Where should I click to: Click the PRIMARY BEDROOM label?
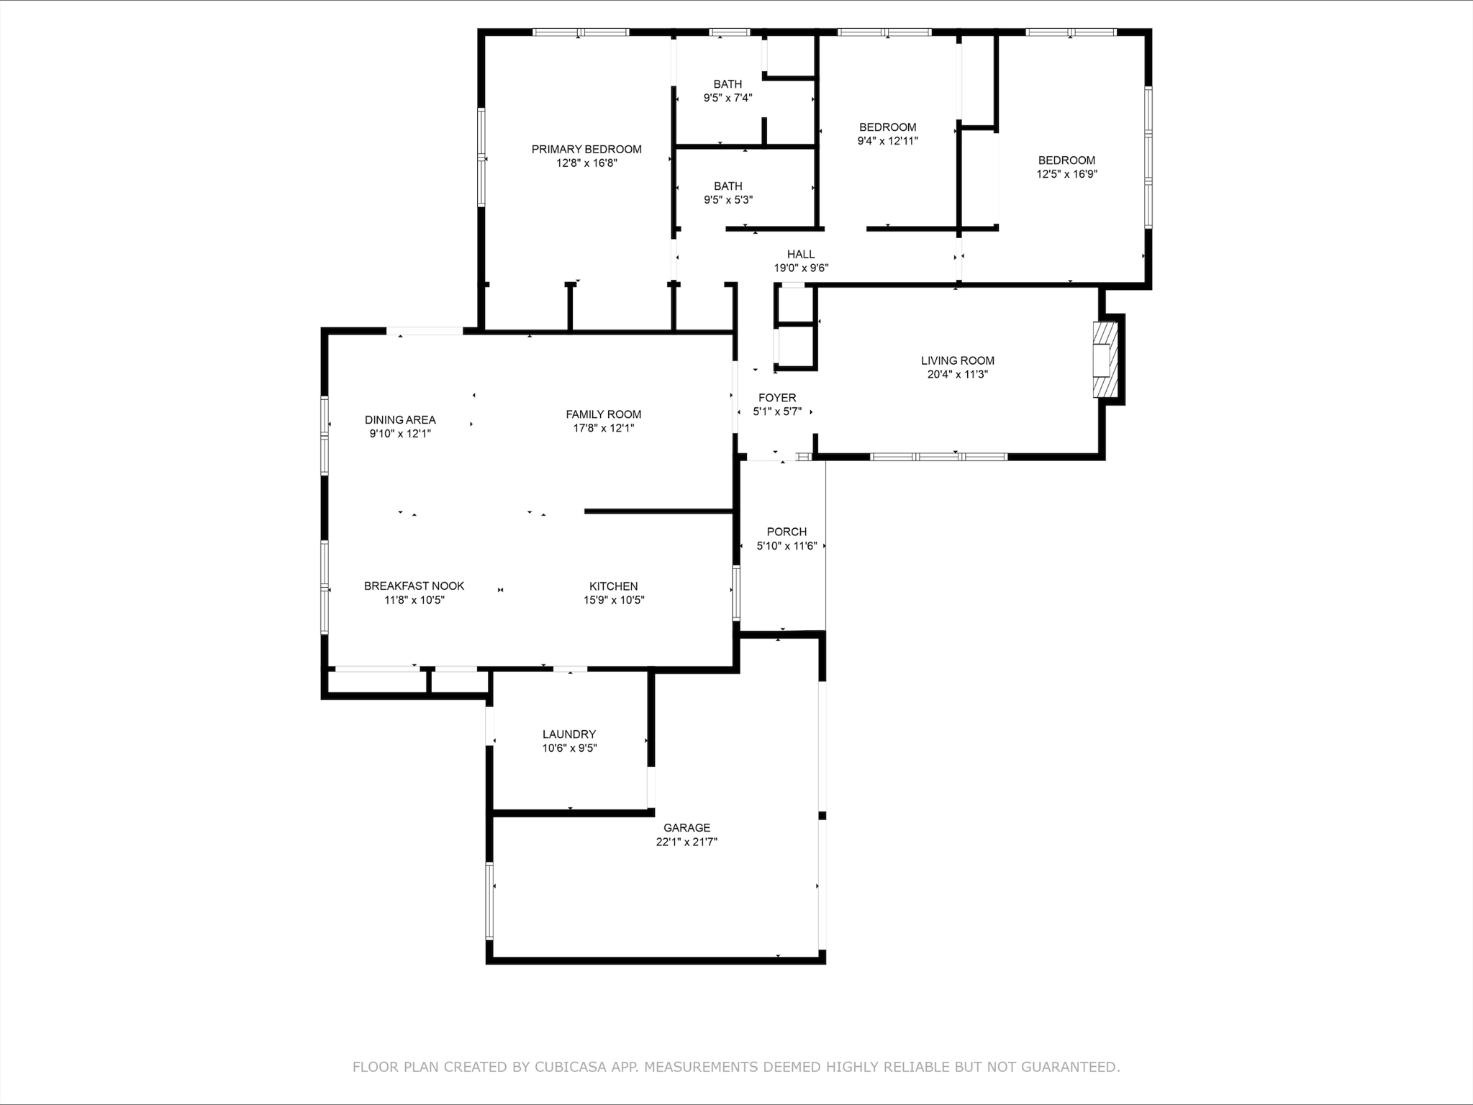click(586, 150)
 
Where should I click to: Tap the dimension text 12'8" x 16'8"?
click(586, 163)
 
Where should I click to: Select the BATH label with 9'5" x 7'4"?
click(728, 84)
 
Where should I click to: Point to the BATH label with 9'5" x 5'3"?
click(728, 186)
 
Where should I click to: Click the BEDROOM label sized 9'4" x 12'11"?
click(887, 127)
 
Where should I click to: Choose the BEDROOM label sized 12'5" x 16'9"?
click(1066, 160)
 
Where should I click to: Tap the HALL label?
click(801, 254)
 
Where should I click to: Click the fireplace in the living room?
click(1105, 359)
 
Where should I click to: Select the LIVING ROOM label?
click(957, 360)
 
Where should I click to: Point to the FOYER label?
click(777, 398)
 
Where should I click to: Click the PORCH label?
click(787, 532)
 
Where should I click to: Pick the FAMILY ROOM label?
click(603, 414)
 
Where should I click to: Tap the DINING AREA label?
click(400, 420)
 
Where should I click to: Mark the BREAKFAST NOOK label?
click(414, 586)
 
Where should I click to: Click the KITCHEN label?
click(613, 586)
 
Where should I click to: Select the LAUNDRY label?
click(569, 735)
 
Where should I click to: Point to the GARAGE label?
click(686, 828)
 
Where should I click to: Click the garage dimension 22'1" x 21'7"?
click(686, 842)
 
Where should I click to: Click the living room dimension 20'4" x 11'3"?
click(957, 374)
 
